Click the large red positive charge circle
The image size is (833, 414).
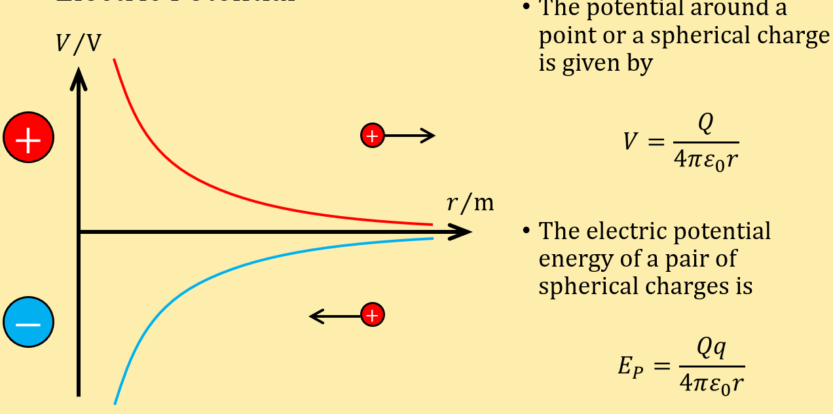coord(28,138)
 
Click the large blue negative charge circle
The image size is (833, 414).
coord(28,322)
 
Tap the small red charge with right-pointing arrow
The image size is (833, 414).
coord(372,136)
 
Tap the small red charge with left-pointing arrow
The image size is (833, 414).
coord(372,315)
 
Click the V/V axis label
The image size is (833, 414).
coord(78,43)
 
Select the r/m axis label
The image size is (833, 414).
coord(470,203)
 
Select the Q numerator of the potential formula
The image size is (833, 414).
coord(705,124)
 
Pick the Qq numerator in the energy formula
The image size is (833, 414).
coord(711,349)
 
